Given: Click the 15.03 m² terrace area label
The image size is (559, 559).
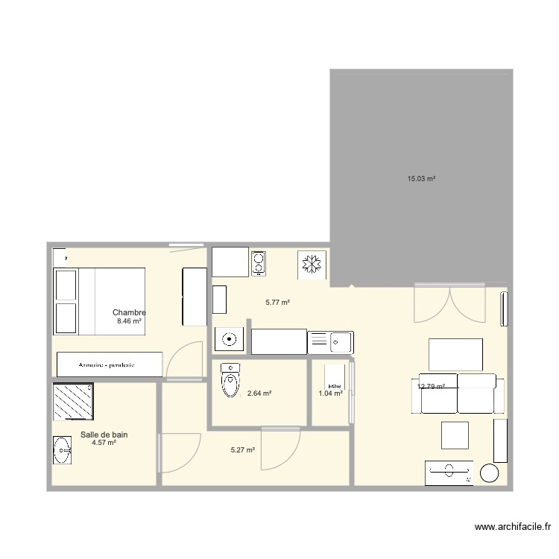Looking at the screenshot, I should [x=421, y=179].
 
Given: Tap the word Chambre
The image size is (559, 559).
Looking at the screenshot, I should [x=129, y=313].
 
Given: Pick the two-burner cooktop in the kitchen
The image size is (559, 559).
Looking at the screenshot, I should [x=258, y=262].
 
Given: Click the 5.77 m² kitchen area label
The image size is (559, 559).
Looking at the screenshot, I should [x=277, y=303].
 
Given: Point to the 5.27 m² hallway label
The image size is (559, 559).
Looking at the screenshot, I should [x=243, y=450].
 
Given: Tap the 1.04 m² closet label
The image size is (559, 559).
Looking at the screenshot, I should [x=330, y=394].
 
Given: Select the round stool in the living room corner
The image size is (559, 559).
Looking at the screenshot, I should [x=490, y=473].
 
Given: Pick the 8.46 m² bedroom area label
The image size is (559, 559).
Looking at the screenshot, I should [x=129, y=321].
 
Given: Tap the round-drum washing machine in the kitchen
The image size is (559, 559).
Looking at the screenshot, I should [x=230, y=340].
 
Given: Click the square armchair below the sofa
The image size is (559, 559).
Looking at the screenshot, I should [x=455, y=435].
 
